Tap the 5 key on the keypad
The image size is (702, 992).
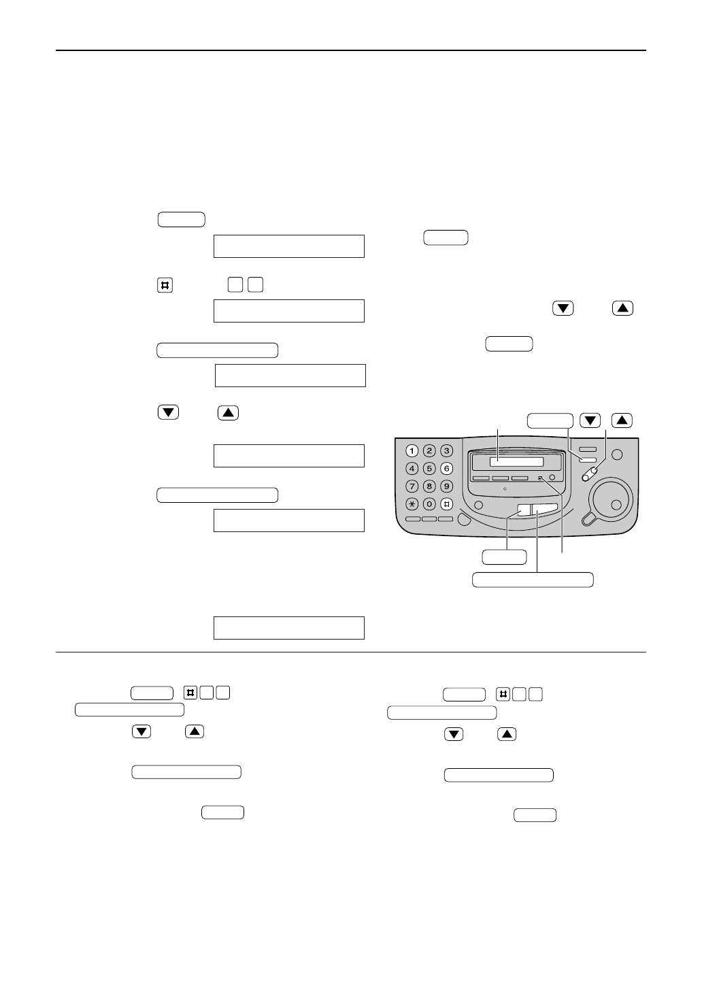[429, 468]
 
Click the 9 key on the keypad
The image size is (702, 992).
[446, 486]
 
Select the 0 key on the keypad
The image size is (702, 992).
[429, 504]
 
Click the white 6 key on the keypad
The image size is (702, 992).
[446, 468]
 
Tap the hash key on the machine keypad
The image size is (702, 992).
[446, 504]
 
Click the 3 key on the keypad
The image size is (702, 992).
[446, 450]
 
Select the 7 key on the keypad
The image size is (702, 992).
[412, 486]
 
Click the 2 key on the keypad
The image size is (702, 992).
[429, 450]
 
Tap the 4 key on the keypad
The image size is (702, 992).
[412, 468]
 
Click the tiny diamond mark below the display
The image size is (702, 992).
[505, 489]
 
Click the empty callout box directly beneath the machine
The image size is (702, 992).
[505, 557]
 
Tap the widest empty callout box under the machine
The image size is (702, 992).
[533, 580]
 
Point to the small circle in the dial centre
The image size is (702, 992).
[616, 504]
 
